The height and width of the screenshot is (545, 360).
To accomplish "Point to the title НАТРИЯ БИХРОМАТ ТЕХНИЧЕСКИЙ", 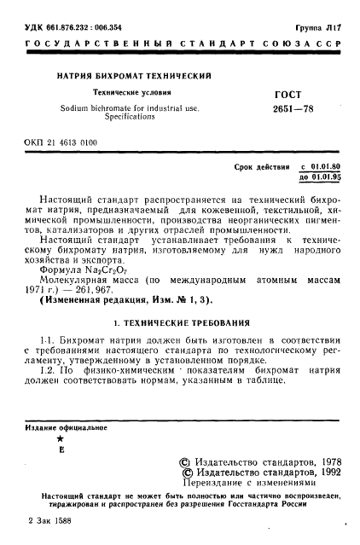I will click(134, 78).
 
